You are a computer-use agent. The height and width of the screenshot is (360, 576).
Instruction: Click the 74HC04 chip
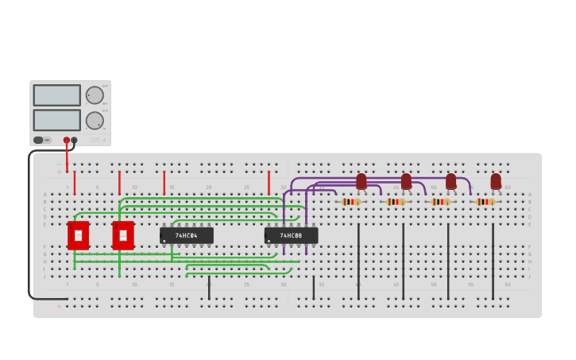(187, 236)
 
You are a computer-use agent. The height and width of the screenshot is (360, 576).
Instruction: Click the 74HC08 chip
(291, 236)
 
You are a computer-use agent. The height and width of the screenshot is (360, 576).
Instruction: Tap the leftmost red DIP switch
(78, 235)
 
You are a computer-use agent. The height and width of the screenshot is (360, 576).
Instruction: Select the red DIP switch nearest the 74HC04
(123, 235)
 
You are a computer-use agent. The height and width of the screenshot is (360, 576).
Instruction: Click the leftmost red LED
(361, 182)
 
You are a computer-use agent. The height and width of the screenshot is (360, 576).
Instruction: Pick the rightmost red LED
(496, 182)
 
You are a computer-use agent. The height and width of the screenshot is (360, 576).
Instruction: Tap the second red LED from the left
(406, 182)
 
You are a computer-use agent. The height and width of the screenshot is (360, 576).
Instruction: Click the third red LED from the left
(451, 182)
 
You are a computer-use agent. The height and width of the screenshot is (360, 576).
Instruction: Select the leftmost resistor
(350, 202)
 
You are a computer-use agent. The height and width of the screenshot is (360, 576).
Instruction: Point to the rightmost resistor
(485, 202)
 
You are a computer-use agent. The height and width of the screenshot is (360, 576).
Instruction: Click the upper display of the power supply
(56, 95)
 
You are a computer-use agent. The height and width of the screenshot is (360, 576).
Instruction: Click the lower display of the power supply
(56, 120)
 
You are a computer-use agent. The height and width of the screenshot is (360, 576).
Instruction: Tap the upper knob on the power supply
(95, 95)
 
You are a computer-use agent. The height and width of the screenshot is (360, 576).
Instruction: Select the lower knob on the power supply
(95, 121)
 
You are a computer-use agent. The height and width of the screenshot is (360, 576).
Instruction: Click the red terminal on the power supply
(67, 141)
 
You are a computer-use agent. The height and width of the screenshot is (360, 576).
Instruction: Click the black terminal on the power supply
(74, 141)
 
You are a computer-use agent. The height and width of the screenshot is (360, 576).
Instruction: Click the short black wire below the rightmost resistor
(493, 262)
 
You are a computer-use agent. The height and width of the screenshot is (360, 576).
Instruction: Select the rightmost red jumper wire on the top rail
(269, 183)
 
